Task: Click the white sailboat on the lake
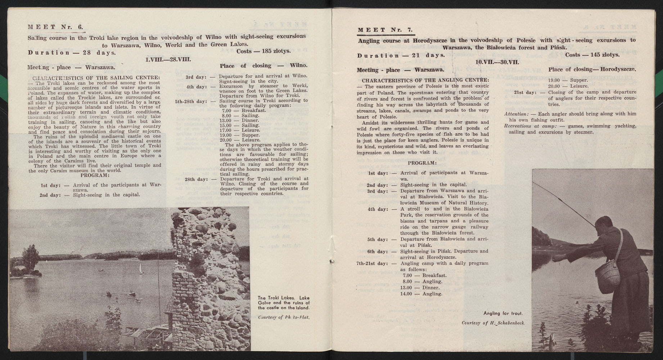pos(140,268)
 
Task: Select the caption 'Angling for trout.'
pos(503,313)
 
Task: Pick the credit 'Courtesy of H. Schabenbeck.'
pos(493,323)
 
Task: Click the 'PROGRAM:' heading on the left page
pos(95,175)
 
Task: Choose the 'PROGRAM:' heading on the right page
pos(423,163)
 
